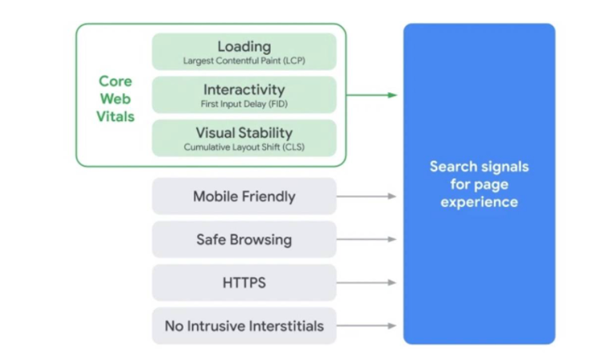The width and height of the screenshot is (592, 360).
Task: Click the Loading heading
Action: (x=244, y=46)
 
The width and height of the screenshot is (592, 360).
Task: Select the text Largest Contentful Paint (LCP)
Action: (x=244, y=61)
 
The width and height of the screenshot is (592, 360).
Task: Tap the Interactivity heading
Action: (x=244, y=90)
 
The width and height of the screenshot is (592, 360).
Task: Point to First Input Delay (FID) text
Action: (x=244, y=104)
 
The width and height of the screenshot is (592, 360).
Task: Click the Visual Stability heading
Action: (x=244, y=133)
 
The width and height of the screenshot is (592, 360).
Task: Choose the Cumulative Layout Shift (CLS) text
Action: (x=244, y=147)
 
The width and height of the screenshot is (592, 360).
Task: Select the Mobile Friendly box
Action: (x=244, y=196)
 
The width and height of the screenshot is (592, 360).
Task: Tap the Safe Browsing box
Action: (x=244, y=239)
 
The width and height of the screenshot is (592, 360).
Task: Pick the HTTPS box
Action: (x=244, y=282)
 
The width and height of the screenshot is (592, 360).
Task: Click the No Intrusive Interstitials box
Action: (x=244, y=325)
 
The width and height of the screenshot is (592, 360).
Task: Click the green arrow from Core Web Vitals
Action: (x=371, y=95)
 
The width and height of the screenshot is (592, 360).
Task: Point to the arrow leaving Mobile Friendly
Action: (x=366, y=196)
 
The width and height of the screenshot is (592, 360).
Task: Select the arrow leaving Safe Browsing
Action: (x=366, y=239)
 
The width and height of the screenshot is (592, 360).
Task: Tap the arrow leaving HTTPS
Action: (x=366, y=282)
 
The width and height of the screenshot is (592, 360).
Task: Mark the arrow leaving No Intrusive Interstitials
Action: (x=366, y=325)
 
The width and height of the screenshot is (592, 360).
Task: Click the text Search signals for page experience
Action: (x=479, y=184)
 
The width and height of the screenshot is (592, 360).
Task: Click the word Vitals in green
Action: (x=115, y=117)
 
